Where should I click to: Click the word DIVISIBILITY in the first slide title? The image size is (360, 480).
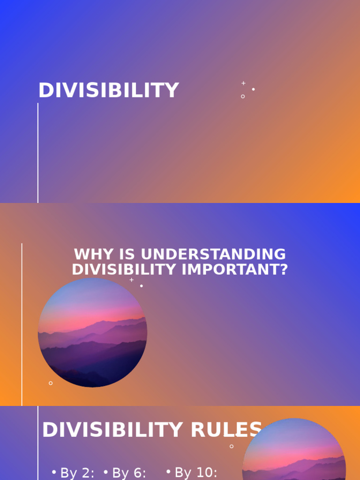108,90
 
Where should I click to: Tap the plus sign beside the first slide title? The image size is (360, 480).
243,83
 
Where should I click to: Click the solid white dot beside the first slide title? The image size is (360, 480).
254,89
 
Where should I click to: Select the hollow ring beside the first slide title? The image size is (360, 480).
243,97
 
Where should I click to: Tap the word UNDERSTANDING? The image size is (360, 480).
213,255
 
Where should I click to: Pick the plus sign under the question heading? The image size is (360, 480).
132,280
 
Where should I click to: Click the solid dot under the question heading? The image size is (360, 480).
142,286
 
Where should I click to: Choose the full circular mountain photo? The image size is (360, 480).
92,333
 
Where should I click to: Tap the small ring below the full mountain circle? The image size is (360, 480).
51,383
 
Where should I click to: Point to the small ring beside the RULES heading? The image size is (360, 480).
232,446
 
